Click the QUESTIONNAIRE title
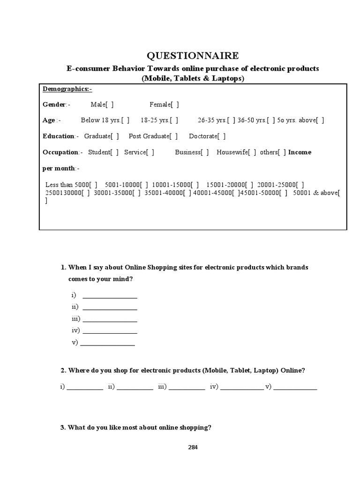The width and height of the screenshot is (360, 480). pos(193,56)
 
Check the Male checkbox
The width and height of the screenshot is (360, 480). pos(109,105)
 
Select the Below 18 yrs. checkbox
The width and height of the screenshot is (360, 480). pos(125,120)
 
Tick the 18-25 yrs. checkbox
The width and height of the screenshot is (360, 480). pos(174,120)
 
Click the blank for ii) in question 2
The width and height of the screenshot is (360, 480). pos(135,388)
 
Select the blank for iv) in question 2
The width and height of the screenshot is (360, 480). pos(241,388)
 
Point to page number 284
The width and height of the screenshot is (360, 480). pos(193,447)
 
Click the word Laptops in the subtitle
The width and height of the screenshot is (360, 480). pos(227,79)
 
